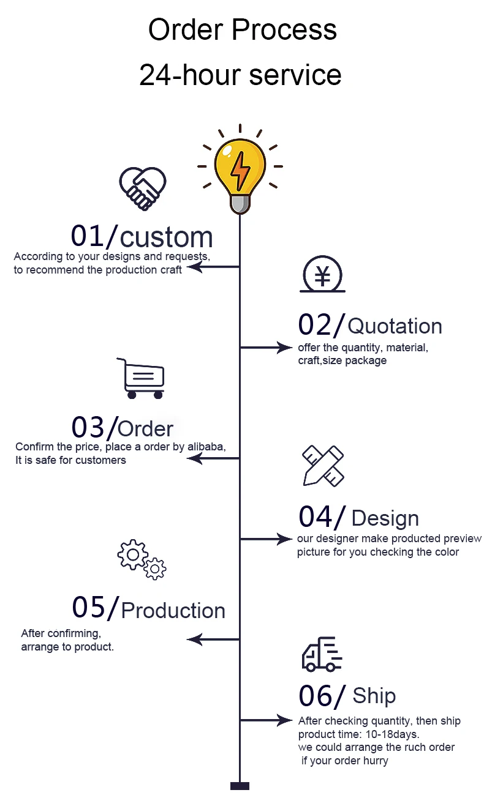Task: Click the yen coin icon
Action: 322,277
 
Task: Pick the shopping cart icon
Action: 141,378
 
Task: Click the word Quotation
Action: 395,326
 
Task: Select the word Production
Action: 173,610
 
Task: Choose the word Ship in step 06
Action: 374,696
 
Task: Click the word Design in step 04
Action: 385,518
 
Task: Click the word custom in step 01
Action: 167,237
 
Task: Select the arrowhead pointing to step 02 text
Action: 286,348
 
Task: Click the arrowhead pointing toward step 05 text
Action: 194,640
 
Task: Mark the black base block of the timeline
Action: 240,786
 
